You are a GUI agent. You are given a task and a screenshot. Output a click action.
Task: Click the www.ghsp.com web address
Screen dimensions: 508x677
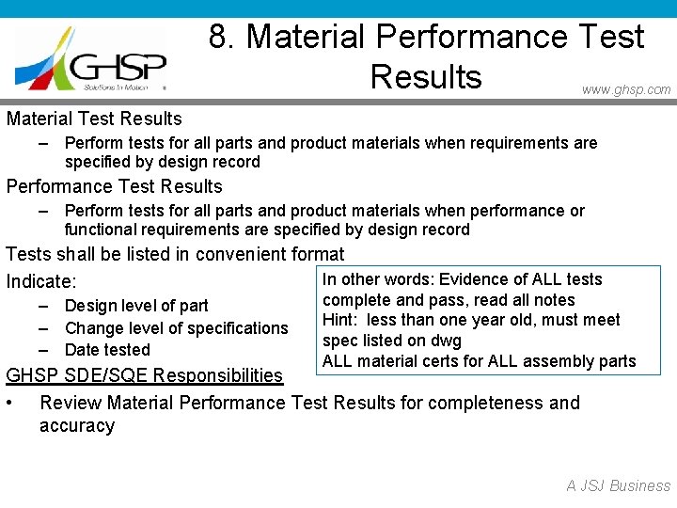[x=626, y=89]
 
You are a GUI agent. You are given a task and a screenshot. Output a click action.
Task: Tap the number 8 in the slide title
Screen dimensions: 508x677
[x=218, y=37]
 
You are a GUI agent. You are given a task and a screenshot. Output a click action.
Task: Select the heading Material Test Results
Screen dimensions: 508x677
[x=94, y=119]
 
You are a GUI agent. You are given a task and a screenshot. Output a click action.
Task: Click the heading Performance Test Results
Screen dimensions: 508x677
[x=115, y=186]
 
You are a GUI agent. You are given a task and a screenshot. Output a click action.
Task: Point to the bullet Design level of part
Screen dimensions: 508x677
[x=136, y=306]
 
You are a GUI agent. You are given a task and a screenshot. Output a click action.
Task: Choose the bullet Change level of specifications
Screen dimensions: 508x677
[x=176, y=328]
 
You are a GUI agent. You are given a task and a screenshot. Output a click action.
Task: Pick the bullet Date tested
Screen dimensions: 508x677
[x=107, y=350]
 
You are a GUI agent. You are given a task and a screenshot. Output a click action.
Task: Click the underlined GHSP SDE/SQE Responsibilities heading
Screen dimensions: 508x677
[x=144, y=376]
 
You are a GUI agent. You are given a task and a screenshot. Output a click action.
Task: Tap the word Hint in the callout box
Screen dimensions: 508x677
[x=338, y=320]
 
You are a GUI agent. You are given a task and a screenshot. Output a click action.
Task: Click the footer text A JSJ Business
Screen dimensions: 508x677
[x=618, y=486]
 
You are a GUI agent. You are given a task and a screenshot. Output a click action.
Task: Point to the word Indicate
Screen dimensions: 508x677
[x=40, y=281]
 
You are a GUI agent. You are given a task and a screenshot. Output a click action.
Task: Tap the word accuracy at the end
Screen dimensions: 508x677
[x=77, y=426]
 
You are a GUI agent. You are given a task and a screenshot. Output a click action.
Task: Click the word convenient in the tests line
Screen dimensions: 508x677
[x=239, y=254]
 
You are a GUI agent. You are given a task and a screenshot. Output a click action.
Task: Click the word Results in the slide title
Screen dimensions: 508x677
[x=426, y=76]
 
